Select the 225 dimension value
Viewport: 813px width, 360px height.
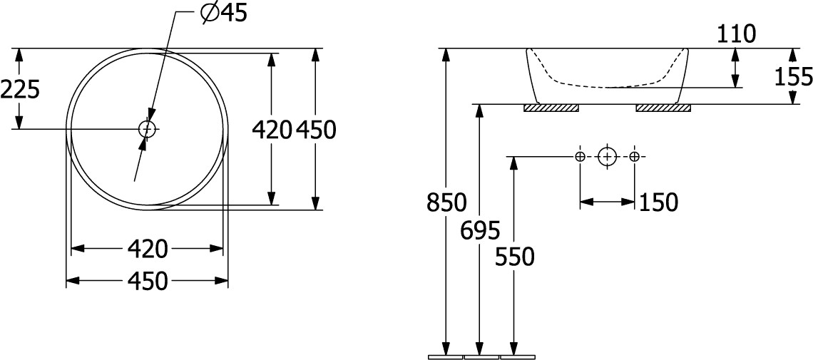point(20,91)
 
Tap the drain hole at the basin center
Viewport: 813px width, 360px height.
point(147,128)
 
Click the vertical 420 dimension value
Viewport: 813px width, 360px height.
point(272,130)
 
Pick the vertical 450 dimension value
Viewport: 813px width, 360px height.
point(316,130)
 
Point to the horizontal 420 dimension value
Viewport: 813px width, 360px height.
point(148,250)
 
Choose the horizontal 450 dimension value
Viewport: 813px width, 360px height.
point(148,282)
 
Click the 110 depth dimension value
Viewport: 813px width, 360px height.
point(736,34)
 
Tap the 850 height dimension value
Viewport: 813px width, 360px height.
point(446,202)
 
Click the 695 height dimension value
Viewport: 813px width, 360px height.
point(480,230)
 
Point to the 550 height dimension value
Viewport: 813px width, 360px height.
point(514,257)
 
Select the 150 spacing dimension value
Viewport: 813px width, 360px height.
point(658,202)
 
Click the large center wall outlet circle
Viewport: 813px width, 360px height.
point(607,156)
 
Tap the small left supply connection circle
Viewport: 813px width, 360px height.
point(581,156)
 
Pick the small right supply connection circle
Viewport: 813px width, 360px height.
point(634,156)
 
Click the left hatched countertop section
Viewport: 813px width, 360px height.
point(551,108)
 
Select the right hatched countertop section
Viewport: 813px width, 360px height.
point(664,108)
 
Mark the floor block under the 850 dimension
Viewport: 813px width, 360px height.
point(446,357)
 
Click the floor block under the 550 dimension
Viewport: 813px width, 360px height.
point(517,357)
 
